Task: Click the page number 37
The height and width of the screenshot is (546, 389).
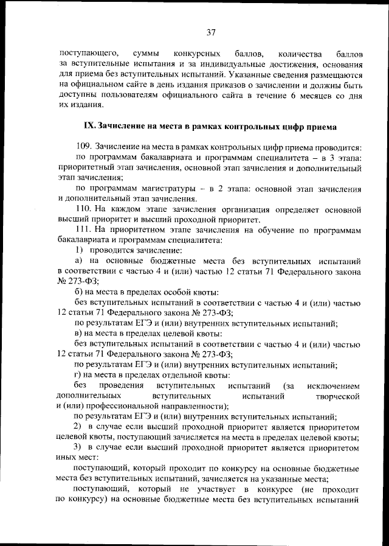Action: coord(211,32)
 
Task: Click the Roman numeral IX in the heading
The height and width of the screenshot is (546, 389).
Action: coord(89,127)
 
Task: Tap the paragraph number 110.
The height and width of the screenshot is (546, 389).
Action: coord(83,209)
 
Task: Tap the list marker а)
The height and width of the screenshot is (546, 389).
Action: coord(78,261)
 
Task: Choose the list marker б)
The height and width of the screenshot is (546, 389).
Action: coord(78,292)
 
